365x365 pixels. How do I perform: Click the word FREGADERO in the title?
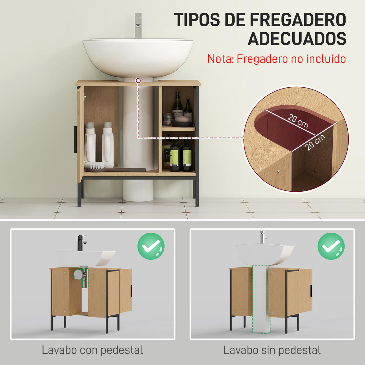[x=298, y=20]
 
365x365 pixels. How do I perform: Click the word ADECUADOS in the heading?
[x=297, y=39]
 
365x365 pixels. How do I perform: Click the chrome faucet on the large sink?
[x=138, y=26]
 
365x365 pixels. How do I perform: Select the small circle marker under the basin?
[x=138, y=81]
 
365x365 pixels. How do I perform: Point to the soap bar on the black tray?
[x=182, y=119]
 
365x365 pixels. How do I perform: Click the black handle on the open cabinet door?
[x=75, y=139]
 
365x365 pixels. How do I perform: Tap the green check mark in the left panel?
[x=151, y=246]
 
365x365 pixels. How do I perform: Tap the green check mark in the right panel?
[x=331, y=246]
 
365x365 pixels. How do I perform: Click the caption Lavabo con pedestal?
[x=92, y=350]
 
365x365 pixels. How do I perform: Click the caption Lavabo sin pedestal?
[x=272, y=350]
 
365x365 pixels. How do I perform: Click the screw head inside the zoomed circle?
[x=277, y=172]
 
